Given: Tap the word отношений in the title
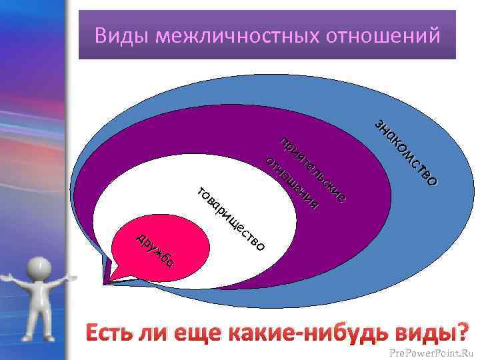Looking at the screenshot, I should point(383,35).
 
